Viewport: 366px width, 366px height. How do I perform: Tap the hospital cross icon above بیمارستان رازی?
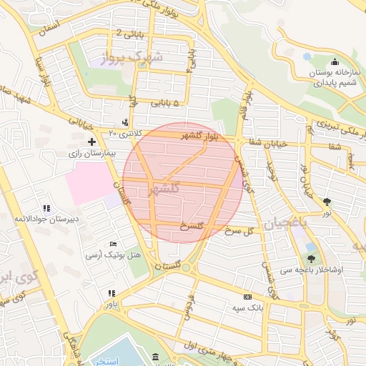tap(91, 142)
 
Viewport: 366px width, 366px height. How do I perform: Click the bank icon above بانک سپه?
tap(247, 297)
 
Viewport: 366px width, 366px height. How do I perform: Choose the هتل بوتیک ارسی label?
tap(114, 254)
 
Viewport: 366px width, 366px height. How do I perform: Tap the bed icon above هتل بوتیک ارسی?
tap(112, 244)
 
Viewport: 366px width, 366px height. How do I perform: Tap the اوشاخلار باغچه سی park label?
tap(312, 270)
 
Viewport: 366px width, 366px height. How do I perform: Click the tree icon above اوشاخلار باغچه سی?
tap(311, 259)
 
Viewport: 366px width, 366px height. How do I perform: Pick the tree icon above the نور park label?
tap(327, 202)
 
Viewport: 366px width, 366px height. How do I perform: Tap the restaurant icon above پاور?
tap(111, 293)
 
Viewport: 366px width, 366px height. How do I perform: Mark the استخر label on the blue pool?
tap(107, 360)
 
